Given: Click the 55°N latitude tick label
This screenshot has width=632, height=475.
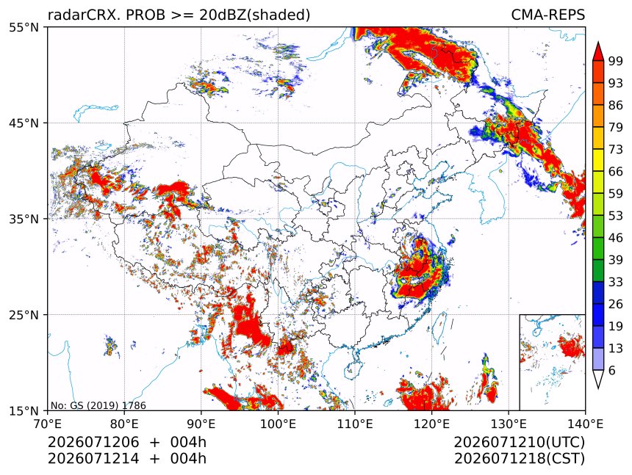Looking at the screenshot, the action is point(24,27).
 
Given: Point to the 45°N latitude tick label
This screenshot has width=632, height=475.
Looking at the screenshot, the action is point(24,123).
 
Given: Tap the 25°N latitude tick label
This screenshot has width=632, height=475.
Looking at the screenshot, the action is point(24,314).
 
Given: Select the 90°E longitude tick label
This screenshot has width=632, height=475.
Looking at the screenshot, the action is point(201,424).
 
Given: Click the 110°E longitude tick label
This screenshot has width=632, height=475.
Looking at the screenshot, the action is point(355,424).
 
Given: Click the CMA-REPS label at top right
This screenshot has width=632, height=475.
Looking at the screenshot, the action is point(547,15).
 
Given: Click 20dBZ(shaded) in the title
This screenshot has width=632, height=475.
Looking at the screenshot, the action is point(254,15).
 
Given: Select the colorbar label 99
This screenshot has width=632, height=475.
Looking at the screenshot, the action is point(616,61).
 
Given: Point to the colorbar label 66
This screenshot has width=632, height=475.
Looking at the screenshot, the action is point(616,172).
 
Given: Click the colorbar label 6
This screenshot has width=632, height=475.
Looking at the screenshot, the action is point(612,370).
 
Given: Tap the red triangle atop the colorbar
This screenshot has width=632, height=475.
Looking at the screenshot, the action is point(598,52).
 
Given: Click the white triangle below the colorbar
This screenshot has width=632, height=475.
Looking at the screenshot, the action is point(598,377).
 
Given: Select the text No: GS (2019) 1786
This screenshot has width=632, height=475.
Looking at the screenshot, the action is point(98,405).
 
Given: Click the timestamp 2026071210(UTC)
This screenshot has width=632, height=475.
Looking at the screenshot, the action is point(519,442).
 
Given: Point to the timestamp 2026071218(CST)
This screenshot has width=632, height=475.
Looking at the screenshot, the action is point(519,459).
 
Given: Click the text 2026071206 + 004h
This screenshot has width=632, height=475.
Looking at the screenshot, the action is point(127,442).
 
